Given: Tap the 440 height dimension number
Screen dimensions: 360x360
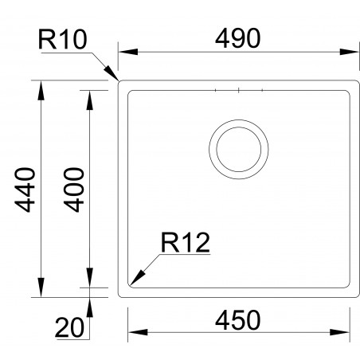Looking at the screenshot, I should pyautogui.click(x=25, y=190).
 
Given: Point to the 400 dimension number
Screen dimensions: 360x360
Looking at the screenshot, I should pyautogui.click(x=73, y=190).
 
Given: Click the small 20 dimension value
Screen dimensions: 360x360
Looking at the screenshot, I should pyautogui.click(x=70, y=326).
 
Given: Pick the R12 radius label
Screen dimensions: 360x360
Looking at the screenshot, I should pyautogui.click(x=184, y=242).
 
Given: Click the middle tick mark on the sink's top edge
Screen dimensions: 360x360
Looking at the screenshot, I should pyautogui.click(x=238, y=91).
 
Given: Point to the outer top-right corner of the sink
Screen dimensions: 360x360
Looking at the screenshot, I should pyautogui.click(x=356, y=80).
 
